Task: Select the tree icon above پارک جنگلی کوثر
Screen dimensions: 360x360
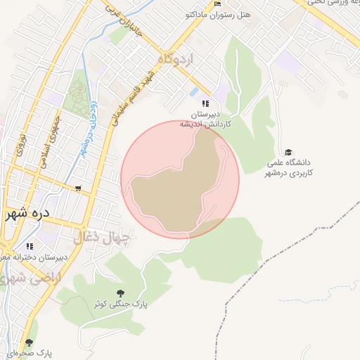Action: click(120, 292)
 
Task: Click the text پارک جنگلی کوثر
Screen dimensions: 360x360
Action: click(121, 304)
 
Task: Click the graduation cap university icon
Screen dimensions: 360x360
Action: click(288, 152)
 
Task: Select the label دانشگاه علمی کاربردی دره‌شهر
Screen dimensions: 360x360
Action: click(289, 167)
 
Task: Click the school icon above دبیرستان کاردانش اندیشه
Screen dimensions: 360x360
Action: click(205, 103)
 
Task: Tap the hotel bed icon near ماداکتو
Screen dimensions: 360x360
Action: click(218, 4)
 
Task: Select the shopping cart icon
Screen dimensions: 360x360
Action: click(77, 188)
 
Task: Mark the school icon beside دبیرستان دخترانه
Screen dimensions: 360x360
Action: click(30, 246)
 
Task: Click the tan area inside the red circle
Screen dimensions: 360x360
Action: click(176, 186)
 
